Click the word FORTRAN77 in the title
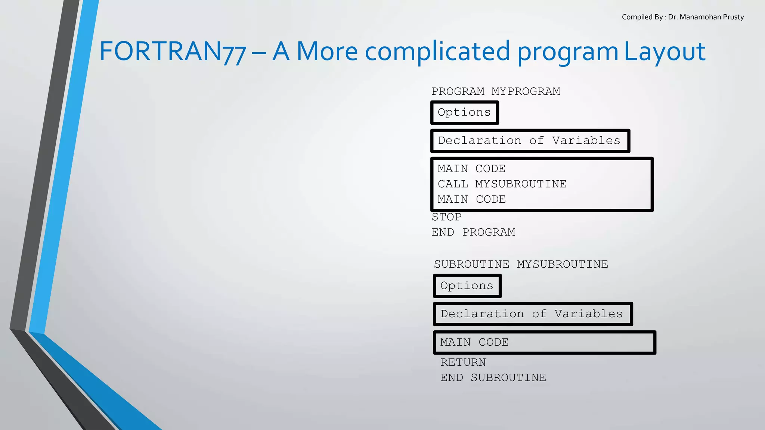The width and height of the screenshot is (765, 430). pos(173,51)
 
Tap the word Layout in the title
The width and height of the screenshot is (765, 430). pos(665,51)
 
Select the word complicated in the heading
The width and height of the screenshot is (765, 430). pos(437,51)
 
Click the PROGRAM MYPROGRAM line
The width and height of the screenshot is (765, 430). pos(496,91)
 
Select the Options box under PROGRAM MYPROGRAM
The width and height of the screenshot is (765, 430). pos(464,112)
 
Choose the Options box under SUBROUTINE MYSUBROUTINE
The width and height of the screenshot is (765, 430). pos(467,286)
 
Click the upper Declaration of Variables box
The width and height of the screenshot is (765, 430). pos(530,141)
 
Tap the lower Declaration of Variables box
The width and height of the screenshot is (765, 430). pos(532,314)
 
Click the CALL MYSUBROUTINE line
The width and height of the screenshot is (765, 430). pos(502,184)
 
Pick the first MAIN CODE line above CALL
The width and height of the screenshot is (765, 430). pos(471,169)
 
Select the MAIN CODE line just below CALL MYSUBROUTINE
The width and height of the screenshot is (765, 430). pos(472,199)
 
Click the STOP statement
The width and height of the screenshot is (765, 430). pos(447,217)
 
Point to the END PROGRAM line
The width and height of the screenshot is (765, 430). pos(473,232)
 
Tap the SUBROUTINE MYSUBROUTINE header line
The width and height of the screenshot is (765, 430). pos(521,264)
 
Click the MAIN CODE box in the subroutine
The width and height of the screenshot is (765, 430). pos(544,342)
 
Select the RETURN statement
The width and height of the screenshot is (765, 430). pos(463,362)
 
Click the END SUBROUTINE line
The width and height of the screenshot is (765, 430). pos(493,378)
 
